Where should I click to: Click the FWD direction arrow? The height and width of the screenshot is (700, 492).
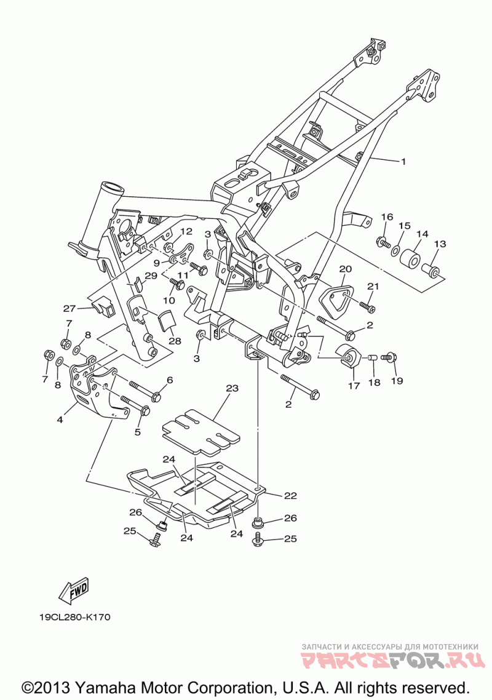(x=74, y=590)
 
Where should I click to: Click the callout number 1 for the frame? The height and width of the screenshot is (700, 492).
(x=403, y=162)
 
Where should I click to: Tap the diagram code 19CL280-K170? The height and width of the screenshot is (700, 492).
(x=74, y=618)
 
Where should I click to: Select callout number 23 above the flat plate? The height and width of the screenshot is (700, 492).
(x=232, y=388)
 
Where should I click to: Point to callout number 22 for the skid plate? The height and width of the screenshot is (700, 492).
(x=291, y=495)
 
